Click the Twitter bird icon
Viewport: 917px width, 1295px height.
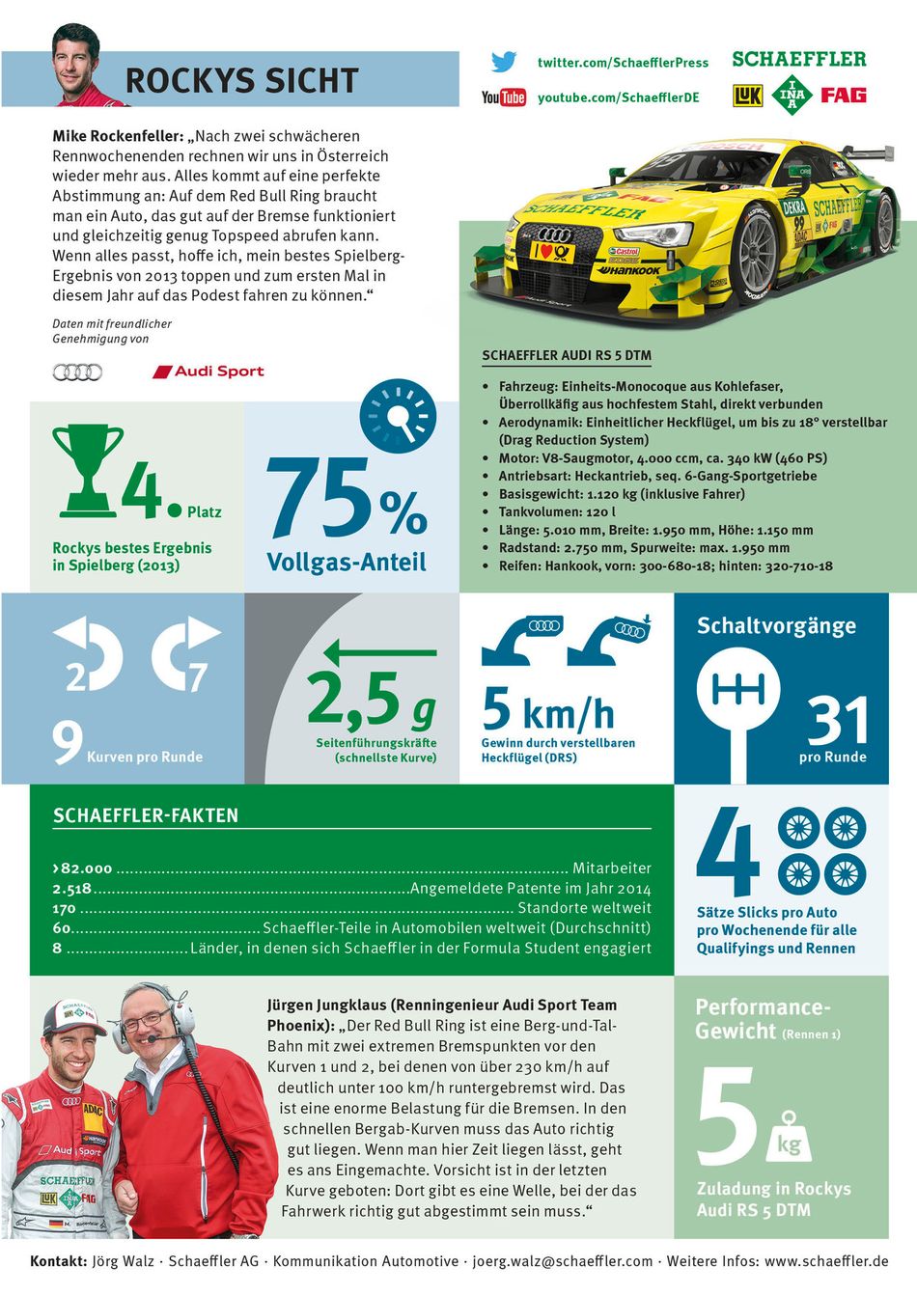coord(503,62)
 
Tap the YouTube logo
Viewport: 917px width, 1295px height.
coord(503,96)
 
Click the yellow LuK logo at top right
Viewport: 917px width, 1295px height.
coord(748,96)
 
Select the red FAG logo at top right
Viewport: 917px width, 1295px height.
coord(843,95)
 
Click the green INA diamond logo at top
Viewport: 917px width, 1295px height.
coord(792,95)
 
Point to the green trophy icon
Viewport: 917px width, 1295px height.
coord(88,469)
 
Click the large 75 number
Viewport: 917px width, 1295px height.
coord(320,498)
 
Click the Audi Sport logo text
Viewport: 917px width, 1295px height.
coord(209,372)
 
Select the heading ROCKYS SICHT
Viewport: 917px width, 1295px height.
coord(241,80)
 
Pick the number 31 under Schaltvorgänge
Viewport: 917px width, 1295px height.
coord(836,720)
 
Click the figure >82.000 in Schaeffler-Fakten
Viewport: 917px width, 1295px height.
coord(83,868)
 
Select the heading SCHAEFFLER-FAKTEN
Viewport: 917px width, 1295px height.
coord(146,815)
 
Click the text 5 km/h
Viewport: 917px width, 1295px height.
coord(547,711)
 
